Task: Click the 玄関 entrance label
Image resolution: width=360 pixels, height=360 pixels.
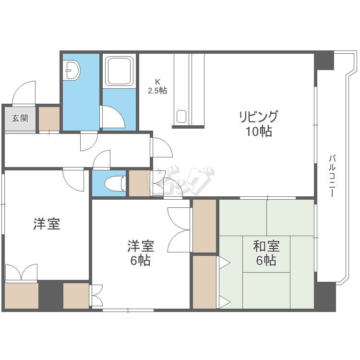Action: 20,118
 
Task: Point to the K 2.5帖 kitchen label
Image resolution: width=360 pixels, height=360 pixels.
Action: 157,86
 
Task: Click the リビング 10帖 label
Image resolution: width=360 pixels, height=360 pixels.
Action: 259,123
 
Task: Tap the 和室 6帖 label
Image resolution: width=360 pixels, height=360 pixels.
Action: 266,253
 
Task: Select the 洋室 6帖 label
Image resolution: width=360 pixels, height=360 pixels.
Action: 140,253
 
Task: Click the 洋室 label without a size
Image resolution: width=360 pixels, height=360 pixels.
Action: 47,224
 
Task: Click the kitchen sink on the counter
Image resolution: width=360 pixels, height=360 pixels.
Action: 181,117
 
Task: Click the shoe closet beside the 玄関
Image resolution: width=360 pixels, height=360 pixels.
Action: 49,119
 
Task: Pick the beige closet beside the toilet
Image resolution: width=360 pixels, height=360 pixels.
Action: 139,183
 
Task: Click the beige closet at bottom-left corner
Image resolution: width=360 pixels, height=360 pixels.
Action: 22,296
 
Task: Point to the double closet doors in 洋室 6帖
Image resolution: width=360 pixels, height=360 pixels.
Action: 180,229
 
